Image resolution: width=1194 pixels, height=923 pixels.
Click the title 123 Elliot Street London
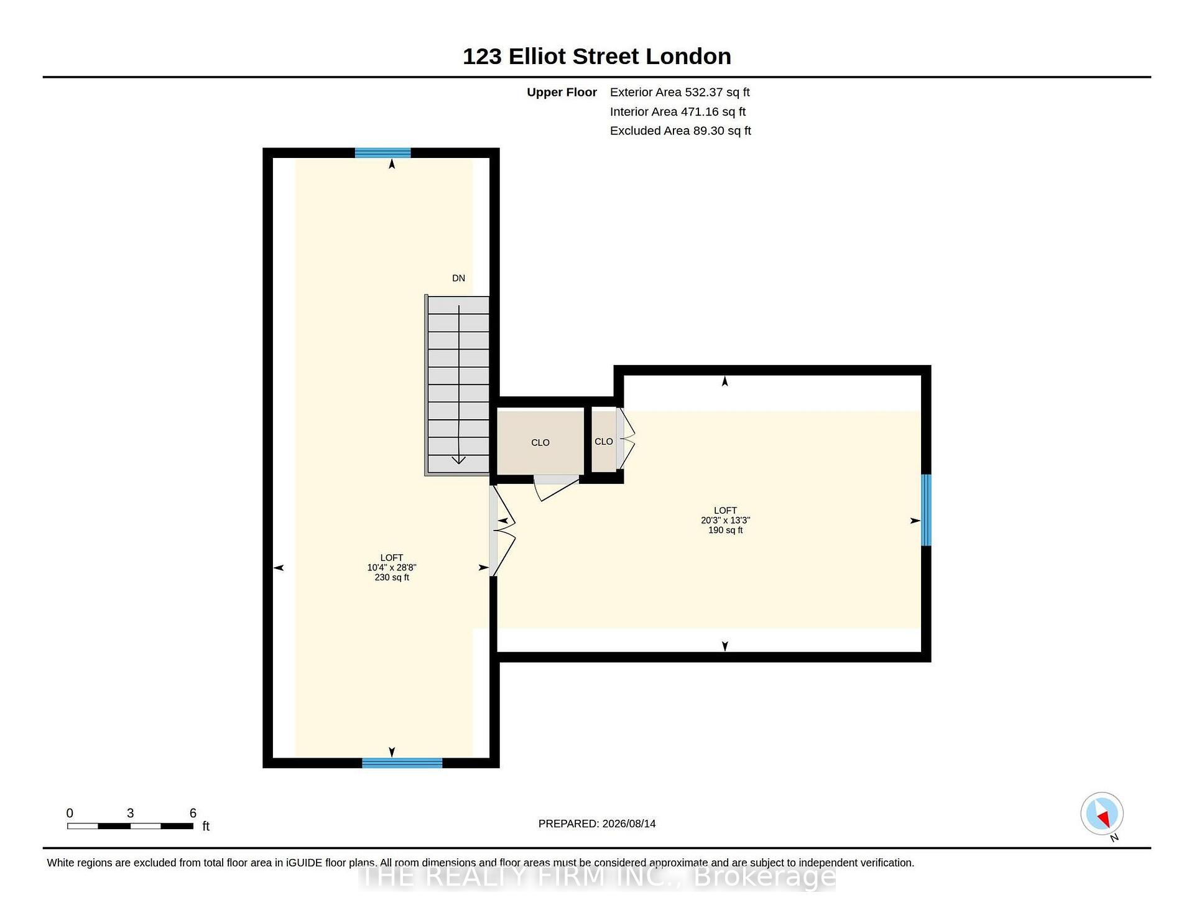[597, 57]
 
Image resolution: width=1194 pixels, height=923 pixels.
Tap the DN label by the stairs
[458, 278]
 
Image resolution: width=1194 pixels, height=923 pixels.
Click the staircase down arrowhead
[458, 460]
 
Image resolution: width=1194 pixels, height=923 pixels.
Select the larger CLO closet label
[540, 443]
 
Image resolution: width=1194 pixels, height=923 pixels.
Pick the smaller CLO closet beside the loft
[603, 442]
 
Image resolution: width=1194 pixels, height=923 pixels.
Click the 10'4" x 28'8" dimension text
[392, 567]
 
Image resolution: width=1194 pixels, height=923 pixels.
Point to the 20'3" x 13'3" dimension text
[725, 520]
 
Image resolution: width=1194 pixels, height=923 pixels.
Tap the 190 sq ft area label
[725, 530]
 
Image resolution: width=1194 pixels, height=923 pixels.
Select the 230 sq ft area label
[392, 577]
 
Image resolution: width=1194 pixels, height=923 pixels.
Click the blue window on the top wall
[383, 153]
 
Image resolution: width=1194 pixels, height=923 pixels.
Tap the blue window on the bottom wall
[402, 763]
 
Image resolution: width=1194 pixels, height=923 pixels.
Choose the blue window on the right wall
[926, 510]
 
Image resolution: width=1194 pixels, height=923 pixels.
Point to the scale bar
[130, 826]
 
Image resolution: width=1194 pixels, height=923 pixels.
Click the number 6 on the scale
[193, 813]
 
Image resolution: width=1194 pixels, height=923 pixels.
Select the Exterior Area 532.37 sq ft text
[680, 92]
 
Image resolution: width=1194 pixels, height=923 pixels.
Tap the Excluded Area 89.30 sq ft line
[680, 131]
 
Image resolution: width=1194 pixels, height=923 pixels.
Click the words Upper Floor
[562, 92]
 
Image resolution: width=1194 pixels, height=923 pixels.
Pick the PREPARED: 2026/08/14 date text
[597, 823]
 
